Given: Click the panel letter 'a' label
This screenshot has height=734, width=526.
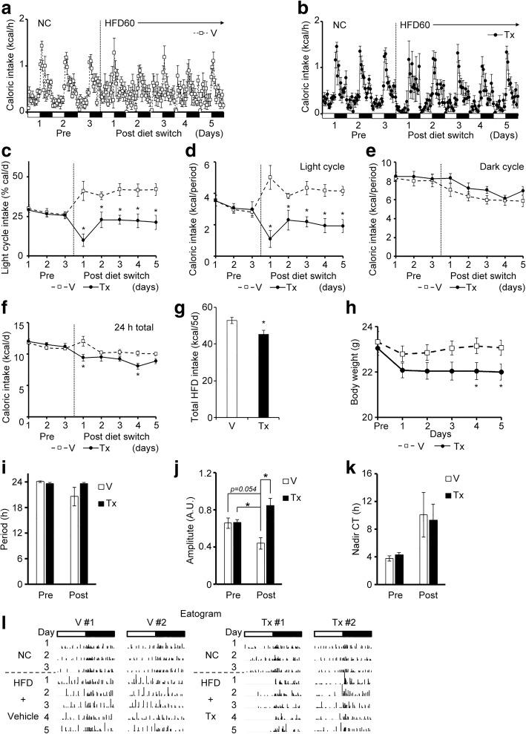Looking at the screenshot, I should (7, 7).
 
